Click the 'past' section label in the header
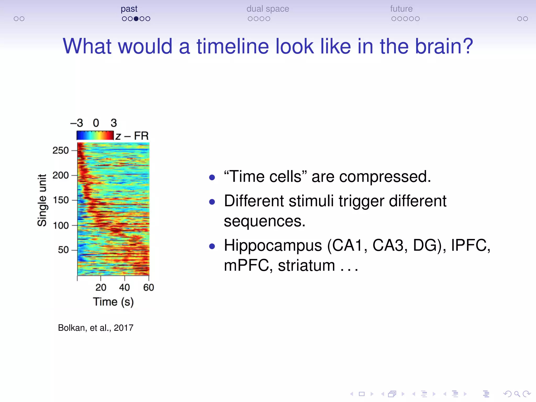click(x=129, y=9)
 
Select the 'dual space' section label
click(x=267, y=9)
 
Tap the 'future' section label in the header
click(x=401, y=9)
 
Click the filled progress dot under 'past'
click(x=136, y=19)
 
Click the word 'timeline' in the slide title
click(x=233, y=46)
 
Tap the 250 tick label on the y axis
click(x=60, y=150)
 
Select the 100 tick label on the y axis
click(x=60, y=225)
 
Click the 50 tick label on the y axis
click(x=63, y=250)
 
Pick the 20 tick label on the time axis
click(x=101, y=287)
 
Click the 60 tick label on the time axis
click(x=148, y=287)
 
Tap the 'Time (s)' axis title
click(x=113, y=302)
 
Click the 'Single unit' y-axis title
click(x=42, y=200)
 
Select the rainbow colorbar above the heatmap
click(x=95, y=135)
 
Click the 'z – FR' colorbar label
click(x=132, y=136)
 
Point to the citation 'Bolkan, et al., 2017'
click(x=96, y=328)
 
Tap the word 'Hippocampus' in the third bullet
click(x=273, y=245)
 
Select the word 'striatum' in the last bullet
click(x=306, y=266)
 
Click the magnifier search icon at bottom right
click(x=517, y=394)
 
